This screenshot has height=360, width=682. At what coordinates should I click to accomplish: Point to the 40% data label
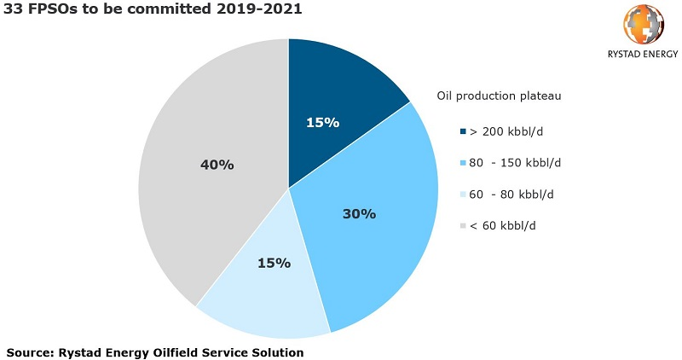217,164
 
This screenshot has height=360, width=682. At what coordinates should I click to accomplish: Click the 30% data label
359,213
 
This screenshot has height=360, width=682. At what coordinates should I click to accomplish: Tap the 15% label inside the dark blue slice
322,122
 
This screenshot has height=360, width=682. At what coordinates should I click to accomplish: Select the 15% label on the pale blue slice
274,263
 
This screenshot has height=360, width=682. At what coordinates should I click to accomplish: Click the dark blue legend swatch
463,131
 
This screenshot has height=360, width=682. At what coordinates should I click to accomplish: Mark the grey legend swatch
463,225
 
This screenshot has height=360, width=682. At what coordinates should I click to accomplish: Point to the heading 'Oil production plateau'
499,96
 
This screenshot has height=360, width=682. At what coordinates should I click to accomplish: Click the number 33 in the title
14,10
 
